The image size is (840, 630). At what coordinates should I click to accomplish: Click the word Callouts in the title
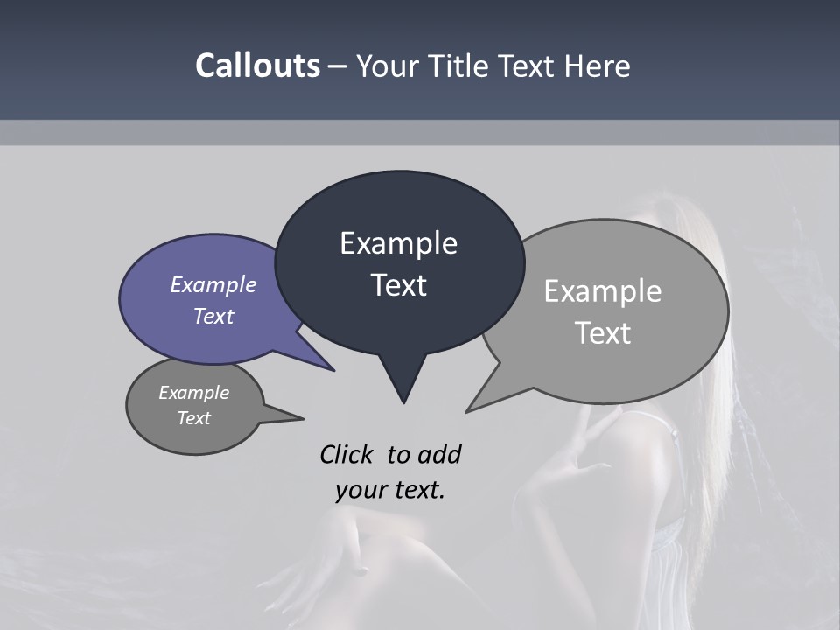(257, 66)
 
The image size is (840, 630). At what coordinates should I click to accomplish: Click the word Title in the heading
(463, 66)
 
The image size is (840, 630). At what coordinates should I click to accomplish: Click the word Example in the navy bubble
(398, 243)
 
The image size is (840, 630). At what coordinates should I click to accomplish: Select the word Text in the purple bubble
(213, 316)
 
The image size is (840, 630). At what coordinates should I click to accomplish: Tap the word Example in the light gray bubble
(603, 291)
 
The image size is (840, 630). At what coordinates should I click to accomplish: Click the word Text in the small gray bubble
(194, 418)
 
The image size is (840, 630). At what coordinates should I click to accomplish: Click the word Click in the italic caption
(348, 454)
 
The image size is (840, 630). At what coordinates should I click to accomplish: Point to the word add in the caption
(439, 454)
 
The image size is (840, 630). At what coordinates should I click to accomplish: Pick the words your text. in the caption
(389, 490)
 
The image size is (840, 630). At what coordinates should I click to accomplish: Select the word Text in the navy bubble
(398, 285)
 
